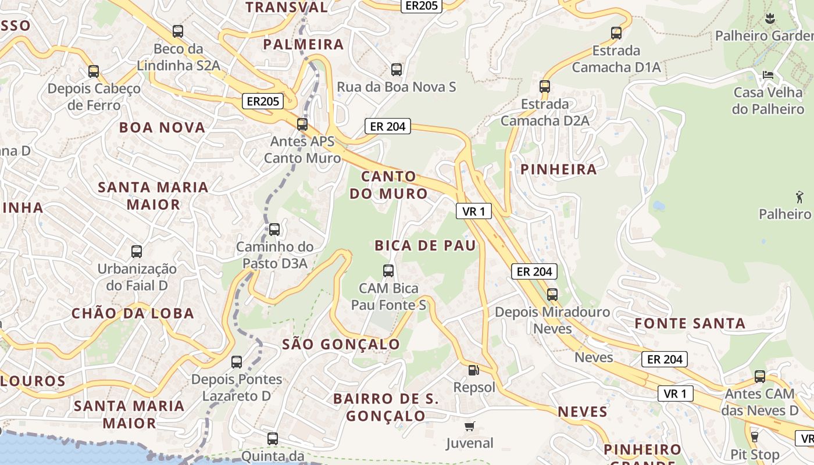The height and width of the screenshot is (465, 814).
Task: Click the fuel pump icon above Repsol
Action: (x=474, y=370)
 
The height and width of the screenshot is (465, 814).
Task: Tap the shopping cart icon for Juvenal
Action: (x=470, y=426)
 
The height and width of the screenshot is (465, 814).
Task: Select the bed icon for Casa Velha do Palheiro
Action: (x=767, y=75)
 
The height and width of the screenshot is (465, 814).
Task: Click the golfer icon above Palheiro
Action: (x=799, y=196)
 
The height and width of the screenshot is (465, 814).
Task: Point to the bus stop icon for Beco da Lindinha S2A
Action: (x=178, y=31)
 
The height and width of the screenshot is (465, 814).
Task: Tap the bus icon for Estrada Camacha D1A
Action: (x=616, y=33)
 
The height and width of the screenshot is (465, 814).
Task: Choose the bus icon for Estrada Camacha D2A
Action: (x=545, y=87)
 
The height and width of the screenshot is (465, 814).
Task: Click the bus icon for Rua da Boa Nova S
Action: (x=397, y=70)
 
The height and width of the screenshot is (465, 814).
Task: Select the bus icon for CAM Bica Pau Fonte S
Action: (x=388, y=271)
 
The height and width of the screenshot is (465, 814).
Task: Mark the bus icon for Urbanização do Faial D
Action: (x=137, y=252)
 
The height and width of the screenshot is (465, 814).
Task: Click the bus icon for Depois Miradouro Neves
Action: (x=552, y=295)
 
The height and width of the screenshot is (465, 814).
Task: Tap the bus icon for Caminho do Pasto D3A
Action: (x=274, y=230)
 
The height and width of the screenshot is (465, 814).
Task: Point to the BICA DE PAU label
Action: (x=425, y=245)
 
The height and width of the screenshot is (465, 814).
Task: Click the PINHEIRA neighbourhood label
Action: (x=559, y=169)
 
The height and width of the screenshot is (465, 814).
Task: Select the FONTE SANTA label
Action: (x=690, y=323)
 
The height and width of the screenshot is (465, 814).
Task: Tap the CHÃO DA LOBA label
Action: (x=133, y=313)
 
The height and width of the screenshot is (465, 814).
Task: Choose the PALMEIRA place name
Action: (x=304, y=44)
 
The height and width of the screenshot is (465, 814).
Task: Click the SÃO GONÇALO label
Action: (x=341, y=344)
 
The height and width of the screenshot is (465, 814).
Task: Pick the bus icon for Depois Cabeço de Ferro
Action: (x=94, y=71)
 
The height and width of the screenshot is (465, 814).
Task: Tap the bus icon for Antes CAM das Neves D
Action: (x=760, y=377)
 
